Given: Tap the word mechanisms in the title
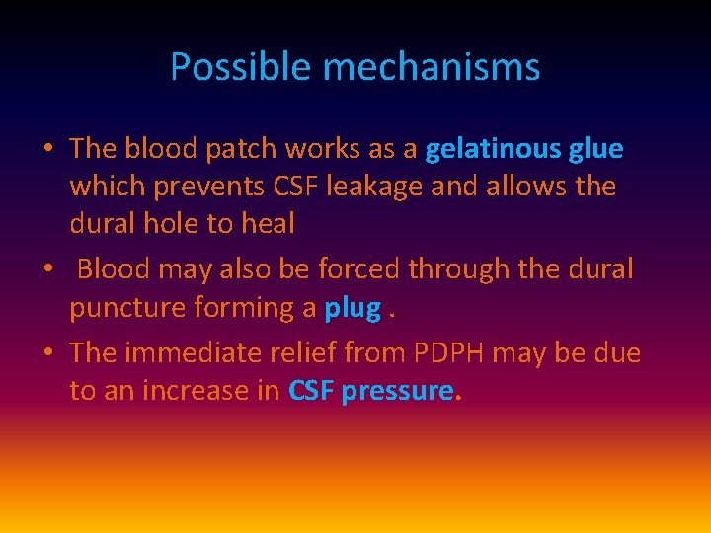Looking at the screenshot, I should pos(432,67).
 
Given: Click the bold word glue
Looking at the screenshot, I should pos(595,149).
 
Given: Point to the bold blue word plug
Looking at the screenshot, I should pos(353,308).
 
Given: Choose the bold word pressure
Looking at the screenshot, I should pos(399,391).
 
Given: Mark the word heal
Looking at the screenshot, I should pos(268,224).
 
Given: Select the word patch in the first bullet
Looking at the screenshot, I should pos(242,149).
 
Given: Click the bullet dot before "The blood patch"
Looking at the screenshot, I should pos(47,150).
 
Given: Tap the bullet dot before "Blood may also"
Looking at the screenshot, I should pos(47,269).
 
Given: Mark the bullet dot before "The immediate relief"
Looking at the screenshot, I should pos(47,353).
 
